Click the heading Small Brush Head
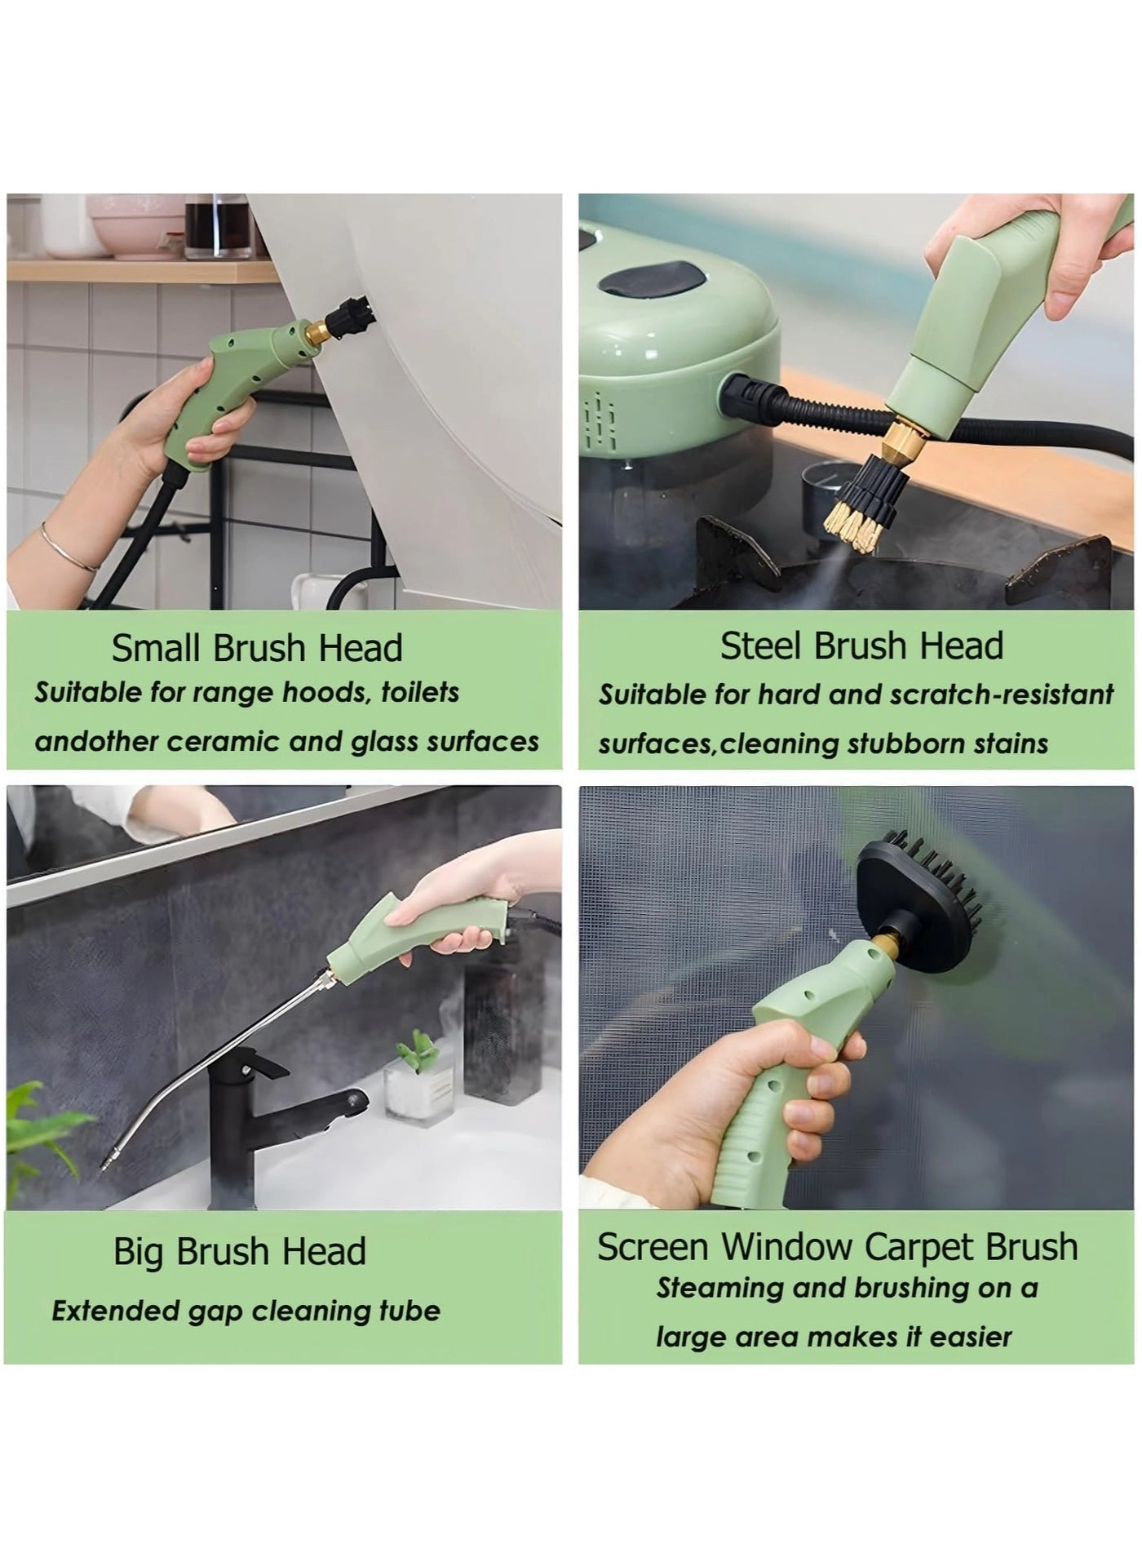tap(257, 649)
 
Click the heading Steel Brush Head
tap(861, 646)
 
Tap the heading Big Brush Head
tap(240, 1251)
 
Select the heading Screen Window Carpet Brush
tap(838, 1247)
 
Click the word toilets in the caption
tap(419, 693)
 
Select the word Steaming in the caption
tap(710, 1288)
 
